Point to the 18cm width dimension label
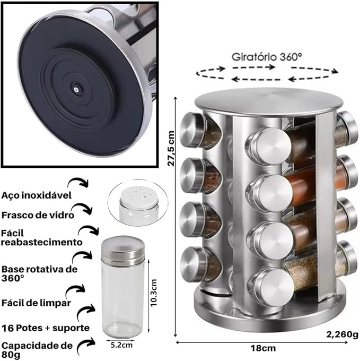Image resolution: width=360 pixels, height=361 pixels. tap(264, 348)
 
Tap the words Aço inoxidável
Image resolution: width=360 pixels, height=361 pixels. tap(37, 195)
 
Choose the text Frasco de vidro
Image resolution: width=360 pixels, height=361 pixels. tap(38, 216)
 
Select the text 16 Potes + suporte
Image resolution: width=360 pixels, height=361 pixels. tap(45, 327)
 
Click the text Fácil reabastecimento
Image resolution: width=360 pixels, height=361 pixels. tap(41, 237)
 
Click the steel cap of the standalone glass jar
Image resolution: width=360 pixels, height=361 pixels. tap(122, 250)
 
